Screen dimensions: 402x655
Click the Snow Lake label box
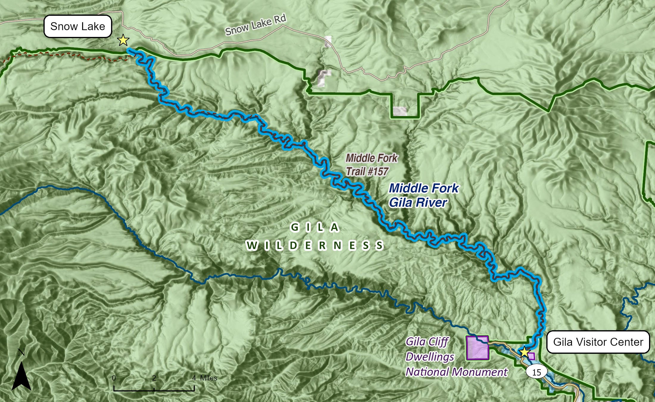78,27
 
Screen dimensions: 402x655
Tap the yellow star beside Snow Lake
123,40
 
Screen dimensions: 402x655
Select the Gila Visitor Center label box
598,342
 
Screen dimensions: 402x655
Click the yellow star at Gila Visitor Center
524,352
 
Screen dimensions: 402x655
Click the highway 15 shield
537,372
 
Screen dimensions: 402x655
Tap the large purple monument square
477,348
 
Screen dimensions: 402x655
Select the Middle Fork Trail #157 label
371,165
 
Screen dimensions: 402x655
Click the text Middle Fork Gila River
423,195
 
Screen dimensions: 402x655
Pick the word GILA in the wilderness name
315,228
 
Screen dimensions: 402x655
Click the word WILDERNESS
315,246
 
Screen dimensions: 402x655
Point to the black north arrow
21,377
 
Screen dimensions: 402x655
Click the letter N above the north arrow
21,353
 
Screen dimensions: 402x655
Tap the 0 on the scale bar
114,378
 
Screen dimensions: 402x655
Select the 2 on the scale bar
154,378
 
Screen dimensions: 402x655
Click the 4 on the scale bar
194,378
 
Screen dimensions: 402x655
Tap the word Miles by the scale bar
208,378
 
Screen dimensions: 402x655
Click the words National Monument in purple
456,372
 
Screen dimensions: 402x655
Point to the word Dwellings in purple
430,357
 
